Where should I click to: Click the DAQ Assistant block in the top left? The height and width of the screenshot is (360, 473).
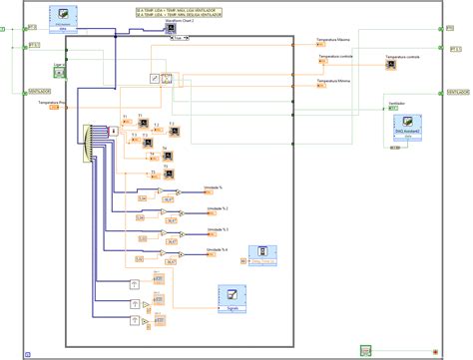(x=64, y=18)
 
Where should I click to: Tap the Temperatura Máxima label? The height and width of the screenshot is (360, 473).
(x=333, y=40)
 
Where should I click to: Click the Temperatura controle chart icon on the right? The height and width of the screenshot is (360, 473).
(x=391, y=64)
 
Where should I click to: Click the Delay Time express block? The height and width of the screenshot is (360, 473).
(x=262, y=256)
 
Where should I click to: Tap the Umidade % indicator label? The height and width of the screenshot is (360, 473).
(x=216, y=186)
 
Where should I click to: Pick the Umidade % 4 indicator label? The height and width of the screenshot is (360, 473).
(x=218, y=249)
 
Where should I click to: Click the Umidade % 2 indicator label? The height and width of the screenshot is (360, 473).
(x=218, y=207)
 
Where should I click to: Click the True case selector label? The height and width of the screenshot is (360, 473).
(x=178, y=41)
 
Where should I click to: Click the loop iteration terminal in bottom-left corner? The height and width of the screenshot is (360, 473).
(x=28, y=351)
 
